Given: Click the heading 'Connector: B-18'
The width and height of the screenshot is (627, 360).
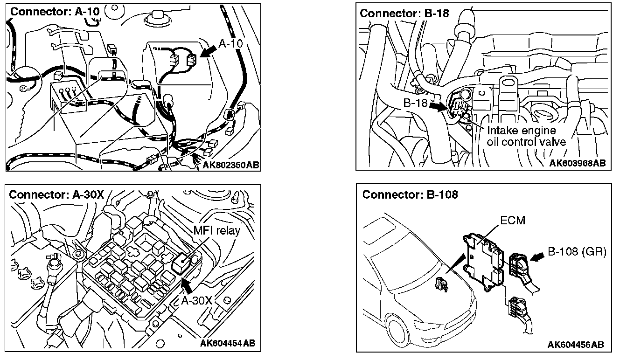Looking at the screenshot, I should (404, 13).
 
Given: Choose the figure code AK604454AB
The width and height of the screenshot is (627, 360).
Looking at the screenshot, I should (227, 344).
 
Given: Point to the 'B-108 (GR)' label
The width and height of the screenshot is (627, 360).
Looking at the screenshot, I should (577, 252).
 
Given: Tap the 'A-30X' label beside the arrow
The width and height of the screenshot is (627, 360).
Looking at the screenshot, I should (196, 300).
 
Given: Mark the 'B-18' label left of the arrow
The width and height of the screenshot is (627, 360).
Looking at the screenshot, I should (415, 103).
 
